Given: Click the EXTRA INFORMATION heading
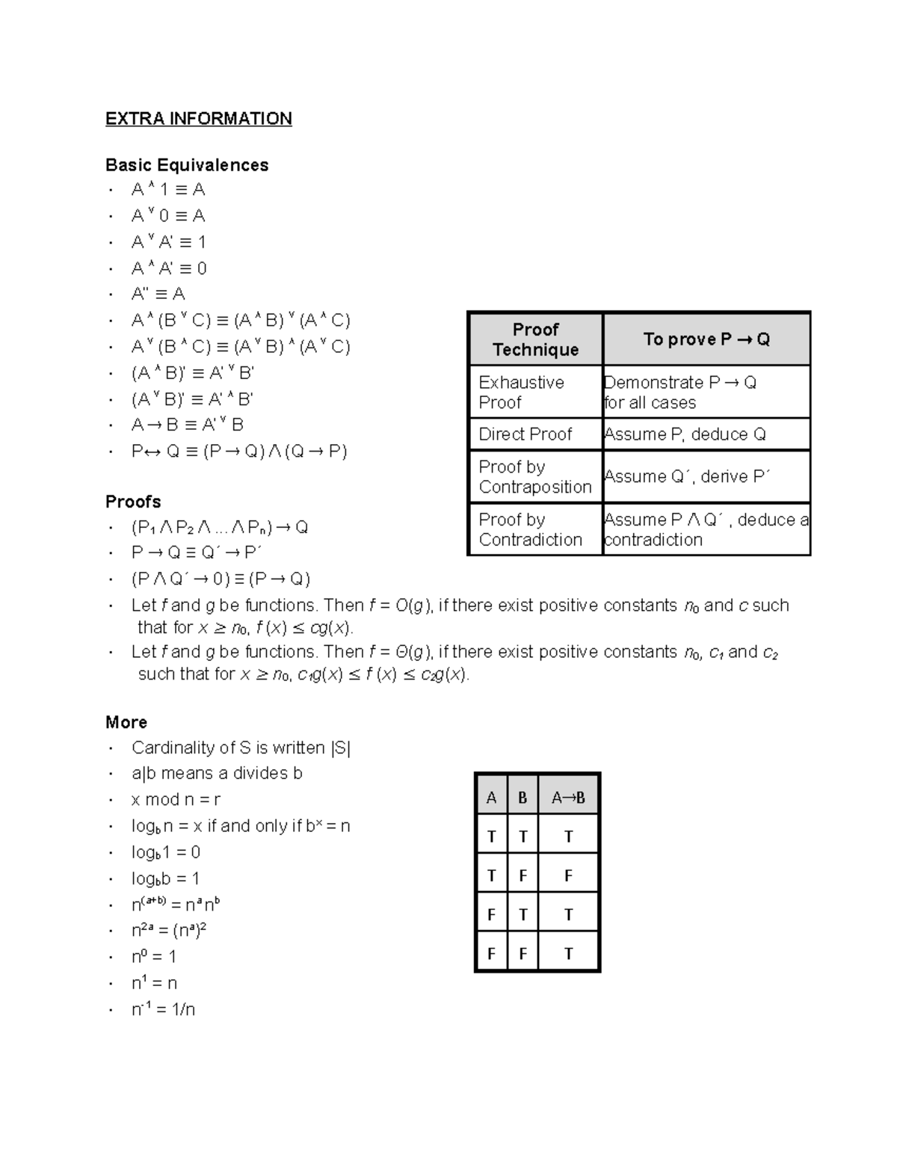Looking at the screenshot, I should [198, 119].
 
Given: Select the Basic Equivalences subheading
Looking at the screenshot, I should [187, 165].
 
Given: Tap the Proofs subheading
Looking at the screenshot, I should [133, 502].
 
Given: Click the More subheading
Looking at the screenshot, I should [126, 722].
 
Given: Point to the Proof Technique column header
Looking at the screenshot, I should [535, 339].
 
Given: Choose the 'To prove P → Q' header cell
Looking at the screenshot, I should [706, 339].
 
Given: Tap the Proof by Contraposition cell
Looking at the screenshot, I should [534, 477].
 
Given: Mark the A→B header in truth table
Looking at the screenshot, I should [568, 798].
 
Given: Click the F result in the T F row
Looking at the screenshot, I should [568, 875].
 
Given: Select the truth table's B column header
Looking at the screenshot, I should [523, 798].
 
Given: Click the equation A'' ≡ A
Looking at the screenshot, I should [158, 294].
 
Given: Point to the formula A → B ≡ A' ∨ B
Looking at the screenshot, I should [187, 425].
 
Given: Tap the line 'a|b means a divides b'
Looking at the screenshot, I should [217, 773].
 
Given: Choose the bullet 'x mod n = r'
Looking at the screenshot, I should [176, 799].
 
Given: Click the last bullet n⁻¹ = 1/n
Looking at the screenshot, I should [163, 1009].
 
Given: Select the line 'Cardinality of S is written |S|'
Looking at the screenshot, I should [241, 748].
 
